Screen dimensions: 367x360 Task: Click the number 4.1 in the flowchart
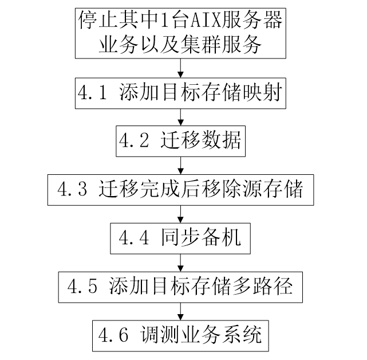(93, 93)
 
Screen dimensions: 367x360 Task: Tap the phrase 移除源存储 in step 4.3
(257, 188)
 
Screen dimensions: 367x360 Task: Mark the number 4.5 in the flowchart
(84, 284)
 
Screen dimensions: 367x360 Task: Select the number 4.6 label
(113, 333)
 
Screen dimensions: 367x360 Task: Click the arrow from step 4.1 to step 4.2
(181, 118)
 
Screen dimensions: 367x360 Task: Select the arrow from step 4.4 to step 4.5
(181, 261)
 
